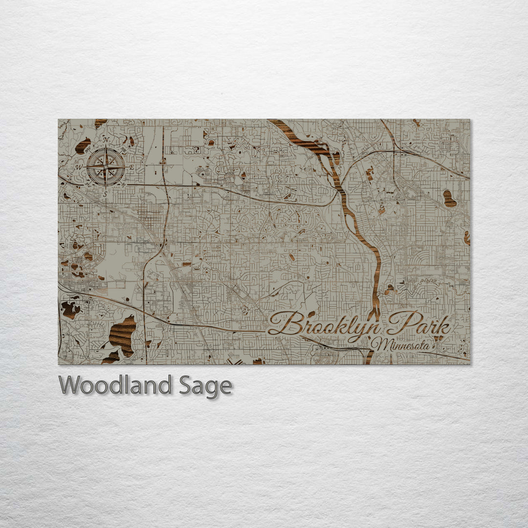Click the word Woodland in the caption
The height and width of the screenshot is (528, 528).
coord(115,385)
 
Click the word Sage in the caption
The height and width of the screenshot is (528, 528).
coord(205,386)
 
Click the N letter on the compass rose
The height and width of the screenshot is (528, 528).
coord(106,140)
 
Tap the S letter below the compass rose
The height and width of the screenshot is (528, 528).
coord(105,194)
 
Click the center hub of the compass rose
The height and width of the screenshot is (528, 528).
coord(106,167)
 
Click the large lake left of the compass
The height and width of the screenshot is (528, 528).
coord(83,146)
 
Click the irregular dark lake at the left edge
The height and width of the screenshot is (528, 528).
coord(70,309)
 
